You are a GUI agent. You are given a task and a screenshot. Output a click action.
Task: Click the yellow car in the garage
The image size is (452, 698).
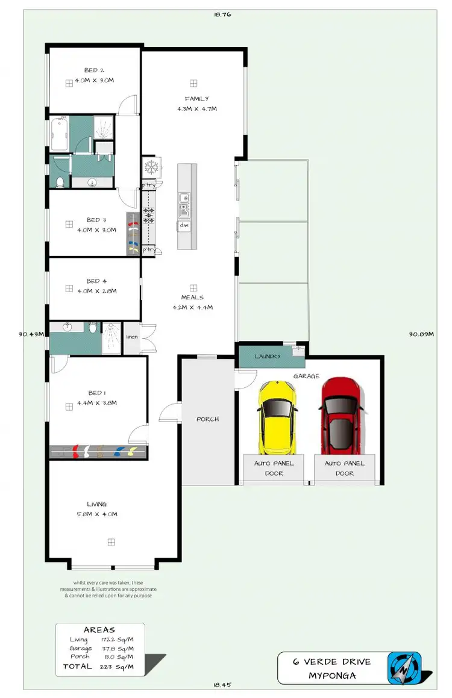coord(277,416)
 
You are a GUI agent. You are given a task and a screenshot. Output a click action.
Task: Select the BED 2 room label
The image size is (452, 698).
coord(95,70)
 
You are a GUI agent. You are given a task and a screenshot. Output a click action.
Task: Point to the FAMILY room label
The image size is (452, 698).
coord(196,99)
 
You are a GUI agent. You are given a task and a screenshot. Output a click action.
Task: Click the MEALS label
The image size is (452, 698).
coord(192,297)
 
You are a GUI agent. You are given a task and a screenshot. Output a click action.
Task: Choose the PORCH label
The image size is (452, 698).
coord(208,419)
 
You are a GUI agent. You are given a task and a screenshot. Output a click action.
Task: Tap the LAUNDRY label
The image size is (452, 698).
coord(268,357)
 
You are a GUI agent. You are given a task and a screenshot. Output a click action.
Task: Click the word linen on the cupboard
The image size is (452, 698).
coord(132,337)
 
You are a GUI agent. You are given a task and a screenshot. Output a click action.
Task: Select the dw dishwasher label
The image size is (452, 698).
coord(184,225)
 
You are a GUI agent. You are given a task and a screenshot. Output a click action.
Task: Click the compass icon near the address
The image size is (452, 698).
coord(404,667)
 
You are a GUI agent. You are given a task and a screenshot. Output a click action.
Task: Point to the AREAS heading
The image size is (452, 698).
coord(99,630)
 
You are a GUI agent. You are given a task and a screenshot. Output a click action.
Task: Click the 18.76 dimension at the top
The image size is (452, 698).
coord(222,14)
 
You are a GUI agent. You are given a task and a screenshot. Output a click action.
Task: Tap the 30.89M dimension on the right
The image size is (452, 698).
coord(421,334)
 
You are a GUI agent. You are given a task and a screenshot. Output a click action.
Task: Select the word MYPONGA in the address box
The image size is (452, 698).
coord(332,675)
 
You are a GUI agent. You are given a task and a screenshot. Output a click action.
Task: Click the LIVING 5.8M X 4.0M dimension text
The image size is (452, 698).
coord(96,514)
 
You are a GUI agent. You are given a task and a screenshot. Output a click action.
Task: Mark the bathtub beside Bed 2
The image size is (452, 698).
coord(59,134)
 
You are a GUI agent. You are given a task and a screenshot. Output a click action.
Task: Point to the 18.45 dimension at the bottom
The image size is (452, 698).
coord(223,685)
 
